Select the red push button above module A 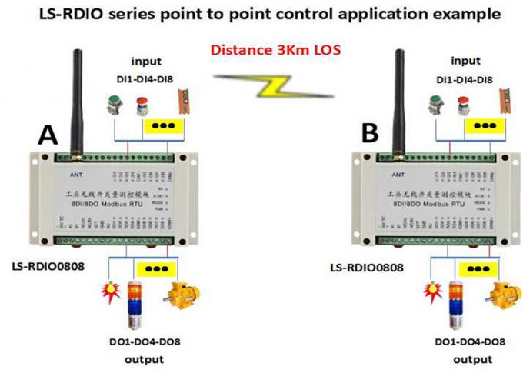(142, 104)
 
